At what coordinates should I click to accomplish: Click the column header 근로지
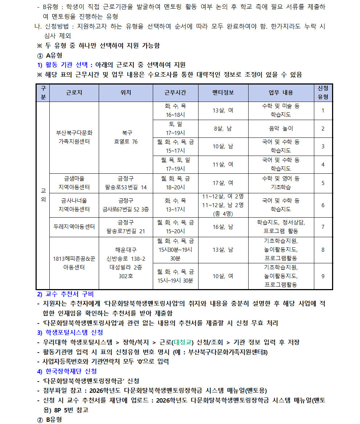click(74, 92)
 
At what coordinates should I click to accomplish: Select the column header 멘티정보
click(223, 92)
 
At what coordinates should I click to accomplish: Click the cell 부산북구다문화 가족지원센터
click(74, 137)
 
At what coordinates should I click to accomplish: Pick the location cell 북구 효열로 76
click(126, 137)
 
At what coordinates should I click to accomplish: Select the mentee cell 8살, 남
click(223, 128)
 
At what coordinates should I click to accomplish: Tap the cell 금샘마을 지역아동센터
click(74, 183)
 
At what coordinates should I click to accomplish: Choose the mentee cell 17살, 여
click(223, 183)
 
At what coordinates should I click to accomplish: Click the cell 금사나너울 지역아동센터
click(74, 205)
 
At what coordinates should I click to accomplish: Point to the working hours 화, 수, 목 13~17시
click(175, 205)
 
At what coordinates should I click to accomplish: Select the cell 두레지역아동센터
click(74, 227)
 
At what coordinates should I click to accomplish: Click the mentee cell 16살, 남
click(223, 227)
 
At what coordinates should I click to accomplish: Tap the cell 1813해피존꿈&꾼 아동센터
click(74, 263)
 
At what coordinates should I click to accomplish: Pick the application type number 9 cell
click(323, 276)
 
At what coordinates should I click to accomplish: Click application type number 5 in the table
click(323, 183)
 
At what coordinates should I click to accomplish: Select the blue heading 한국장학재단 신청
click(71, 371)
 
